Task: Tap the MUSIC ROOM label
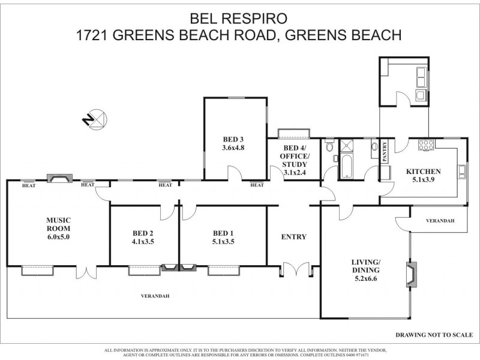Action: (58, 229)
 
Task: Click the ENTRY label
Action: (293, 237)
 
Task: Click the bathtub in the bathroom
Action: (348, 166)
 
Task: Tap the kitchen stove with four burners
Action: (426, 144)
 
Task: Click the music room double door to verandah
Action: (85, 272)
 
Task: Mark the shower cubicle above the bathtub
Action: (347, 146)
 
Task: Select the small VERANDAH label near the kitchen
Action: (440, 221)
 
